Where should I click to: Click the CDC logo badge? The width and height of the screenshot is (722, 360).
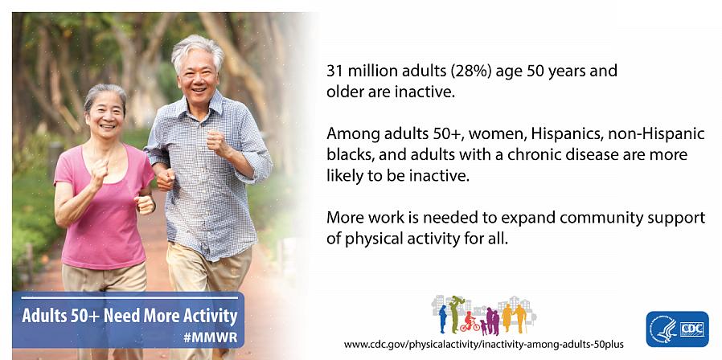(x=677, y=329)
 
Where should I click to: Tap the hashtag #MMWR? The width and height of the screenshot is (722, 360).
(x=210, y=337)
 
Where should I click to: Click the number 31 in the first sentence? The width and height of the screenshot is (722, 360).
(x=334, y=72)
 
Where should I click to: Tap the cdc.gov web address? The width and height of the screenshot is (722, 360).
(x=483, y=345)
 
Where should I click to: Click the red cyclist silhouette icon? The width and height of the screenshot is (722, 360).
(x=470, y=322)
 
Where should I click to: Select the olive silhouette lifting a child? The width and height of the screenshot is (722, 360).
(x=455, y=313)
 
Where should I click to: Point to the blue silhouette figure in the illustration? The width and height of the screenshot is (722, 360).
(x=443, y=318)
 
